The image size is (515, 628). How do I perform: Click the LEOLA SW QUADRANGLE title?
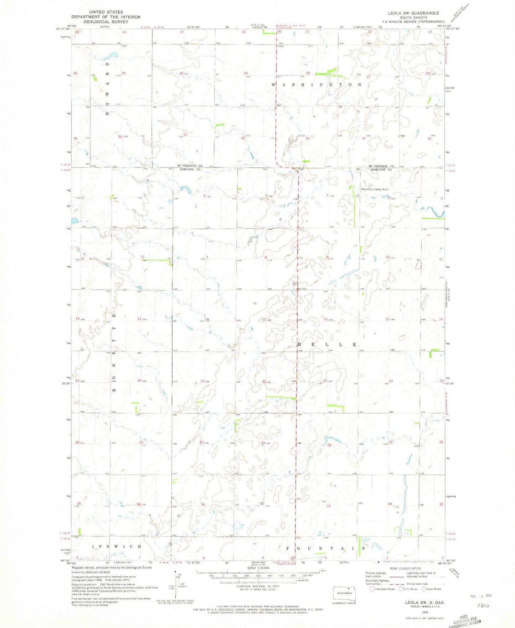(x=413, y=13)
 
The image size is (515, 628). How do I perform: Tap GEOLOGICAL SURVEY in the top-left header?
(x=106, y=22)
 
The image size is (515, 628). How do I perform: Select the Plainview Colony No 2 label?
(x=375, y=189)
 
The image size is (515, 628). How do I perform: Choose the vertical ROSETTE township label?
(x=114, y=353)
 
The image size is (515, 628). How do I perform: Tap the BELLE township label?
(x=327, y=344)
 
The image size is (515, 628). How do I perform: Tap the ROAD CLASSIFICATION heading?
(x=405, y=568)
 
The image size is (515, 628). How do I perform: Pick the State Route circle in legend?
(x=424, y=589)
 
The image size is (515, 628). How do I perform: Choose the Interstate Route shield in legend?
(x=372, y=589)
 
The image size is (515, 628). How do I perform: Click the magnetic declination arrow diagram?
(x=175, y=587)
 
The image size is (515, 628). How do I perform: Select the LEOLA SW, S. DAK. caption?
(x=424, y=602)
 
